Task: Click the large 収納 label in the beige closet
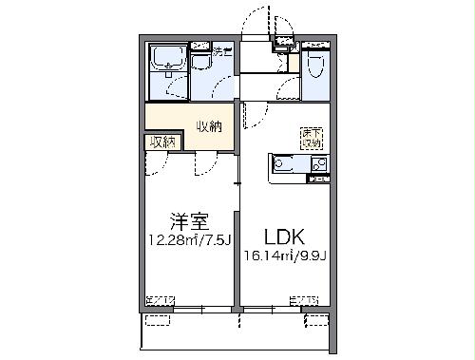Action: point(211,126)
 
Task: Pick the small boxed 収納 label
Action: point(162,142)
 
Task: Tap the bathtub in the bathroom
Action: point(167,63)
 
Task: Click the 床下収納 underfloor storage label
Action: point(312,138)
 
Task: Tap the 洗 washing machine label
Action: point(218,50)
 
